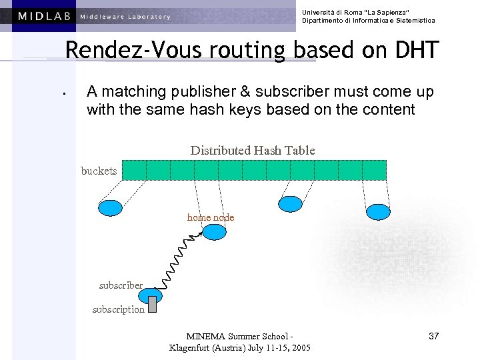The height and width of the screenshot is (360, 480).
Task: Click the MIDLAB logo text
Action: click(x=45, y=16)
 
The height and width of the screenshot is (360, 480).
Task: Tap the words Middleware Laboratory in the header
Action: click(x=125, y=17)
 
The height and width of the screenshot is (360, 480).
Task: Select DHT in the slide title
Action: click(x=415, y=50)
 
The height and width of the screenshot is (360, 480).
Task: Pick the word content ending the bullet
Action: click(x=388, y=109)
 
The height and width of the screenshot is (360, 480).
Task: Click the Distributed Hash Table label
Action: click(x=253, y=151)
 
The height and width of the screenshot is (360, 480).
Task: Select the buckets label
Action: click(x=99, y=171)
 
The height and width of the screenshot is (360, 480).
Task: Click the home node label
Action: click(x=211, y=217)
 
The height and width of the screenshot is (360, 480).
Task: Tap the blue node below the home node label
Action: click(x=215, y=232)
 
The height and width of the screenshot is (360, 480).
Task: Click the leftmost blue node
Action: click(x=111, y=208)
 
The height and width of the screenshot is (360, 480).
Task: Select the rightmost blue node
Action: click(x=378, y=211)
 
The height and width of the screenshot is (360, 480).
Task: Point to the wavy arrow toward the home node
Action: click(x=177, y=257)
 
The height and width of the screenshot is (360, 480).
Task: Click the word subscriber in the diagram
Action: click(x=121, y=285)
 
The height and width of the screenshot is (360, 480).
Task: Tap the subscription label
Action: click(x=118, y=309)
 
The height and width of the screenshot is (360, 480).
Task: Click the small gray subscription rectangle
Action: click(x=152, y=304)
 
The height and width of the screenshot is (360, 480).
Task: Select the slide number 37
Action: click(x=433, y=336)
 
